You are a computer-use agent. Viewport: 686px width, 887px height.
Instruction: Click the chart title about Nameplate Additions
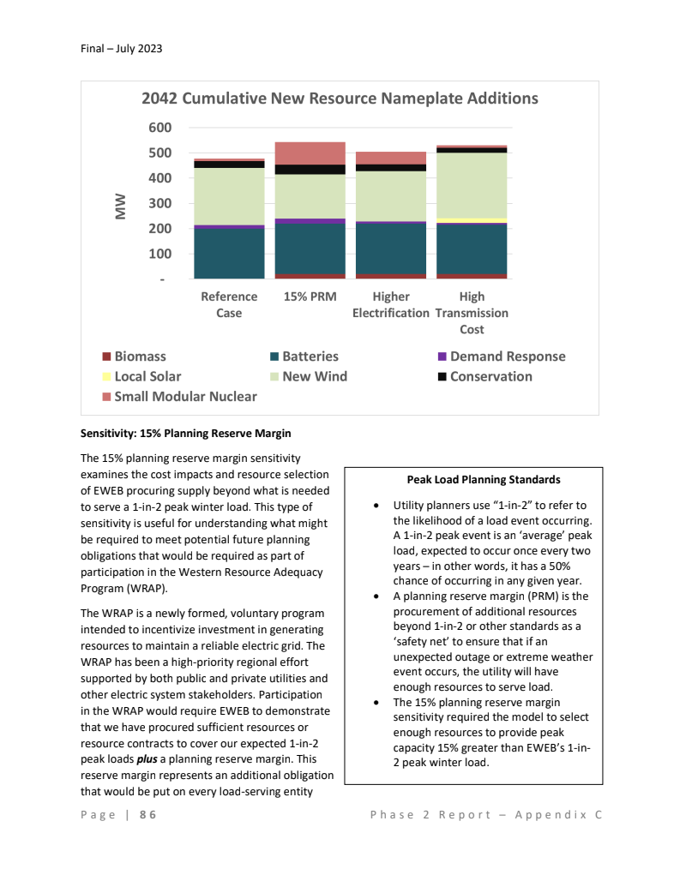(x=340, y=99)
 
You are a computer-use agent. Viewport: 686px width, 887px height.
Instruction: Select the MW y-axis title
(x=122, y=204)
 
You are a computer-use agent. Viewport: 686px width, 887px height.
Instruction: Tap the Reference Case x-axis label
(x=229, y=304)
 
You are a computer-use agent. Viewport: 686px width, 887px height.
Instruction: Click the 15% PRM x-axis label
(x=310, y=297)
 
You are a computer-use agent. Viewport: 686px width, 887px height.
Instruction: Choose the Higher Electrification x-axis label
(x=391, y=304)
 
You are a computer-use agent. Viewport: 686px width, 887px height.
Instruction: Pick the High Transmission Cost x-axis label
(x=472, y=313)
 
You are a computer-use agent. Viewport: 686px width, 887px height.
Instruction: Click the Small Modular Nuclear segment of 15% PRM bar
(x=310, y=153)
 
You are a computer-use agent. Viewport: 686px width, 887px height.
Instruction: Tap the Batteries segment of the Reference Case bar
(x=229, y=254)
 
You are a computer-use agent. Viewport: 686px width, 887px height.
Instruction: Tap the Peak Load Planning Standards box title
(x=484, y=479)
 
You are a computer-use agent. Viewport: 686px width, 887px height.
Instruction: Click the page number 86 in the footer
(x=147, y=815)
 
